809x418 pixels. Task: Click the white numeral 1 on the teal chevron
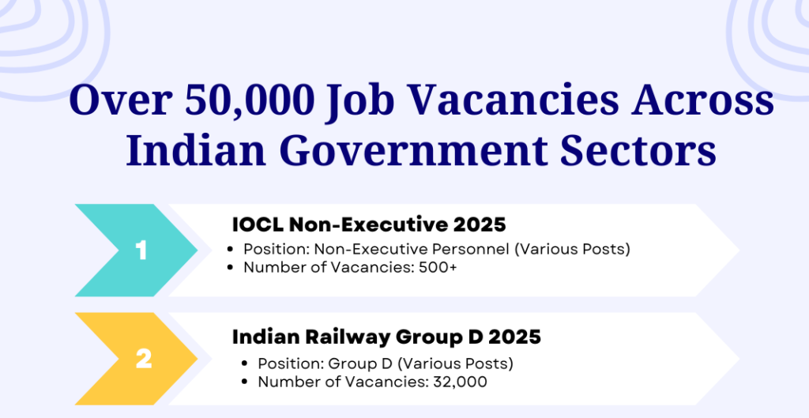pos(141,251)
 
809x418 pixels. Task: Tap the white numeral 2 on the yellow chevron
pos(144,360)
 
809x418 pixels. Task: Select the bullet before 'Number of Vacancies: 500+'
pos(231,269)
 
